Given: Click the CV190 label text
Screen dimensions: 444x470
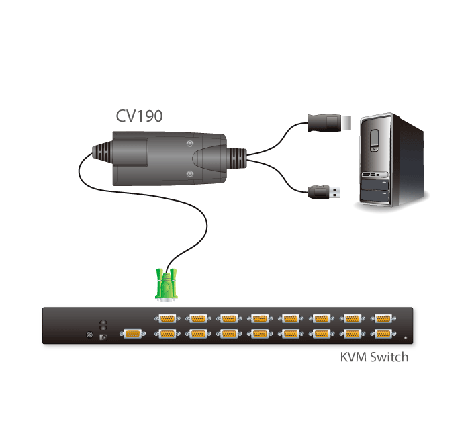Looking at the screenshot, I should (x=139, y=116).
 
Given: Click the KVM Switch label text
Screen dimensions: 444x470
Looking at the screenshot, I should (x=374, y=357).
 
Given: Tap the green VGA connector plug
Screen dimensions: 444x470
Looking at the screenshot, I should (x=168, y=284).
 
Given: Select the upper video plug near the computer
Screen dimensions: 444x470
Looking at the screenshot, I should (x=327, y=124).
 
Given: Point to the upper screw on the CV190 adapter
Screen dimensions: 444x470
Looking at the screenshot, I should (x=191, y=144).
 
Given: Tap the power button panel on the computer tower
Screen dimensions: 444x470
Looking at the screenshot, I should (x=377, y=140).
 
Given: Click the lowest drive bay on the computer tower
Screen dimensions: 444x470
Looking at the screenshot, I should (x=375, y=196).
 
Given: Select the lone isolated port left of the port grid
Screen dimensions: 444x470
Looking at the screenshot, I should (x=130, y=333).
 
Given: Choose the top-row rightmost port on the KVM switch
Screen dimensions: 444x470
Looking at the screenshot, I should (x=383, y=319).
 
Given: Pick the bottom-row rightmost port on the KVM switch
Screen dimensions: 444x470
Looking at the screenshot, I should (x=383, y=333).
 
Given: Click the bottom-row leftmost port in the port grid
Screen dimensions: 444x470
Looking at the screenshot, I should (x=167, y=333).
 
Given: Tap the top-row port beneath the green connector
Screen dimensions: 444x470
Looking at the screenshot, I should (x=167, y=319).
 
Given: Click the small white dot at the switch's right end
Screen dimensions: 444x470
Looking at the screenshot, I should (x=406, y=337).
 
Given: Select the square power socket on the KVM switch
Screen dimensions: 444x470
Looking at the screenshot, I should (x=103, y=337).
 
